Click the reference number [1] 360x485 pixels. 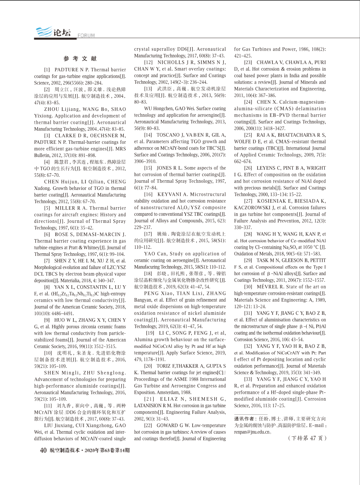47,70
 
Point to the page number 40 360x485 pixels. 43,450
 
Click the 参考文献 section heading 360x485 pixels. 80,59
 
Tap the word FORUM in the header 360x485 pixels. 86,35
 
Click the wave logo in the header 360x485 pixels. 44,32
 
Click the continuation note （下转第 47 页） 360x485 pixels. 307,438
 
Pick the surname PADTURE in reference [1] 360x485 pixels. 66,70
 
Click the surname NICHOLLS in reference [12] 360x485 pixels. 171,62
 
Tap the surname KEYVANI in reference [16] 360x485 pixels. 169,194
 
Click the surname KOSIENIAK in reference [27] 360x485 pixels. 271,201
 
